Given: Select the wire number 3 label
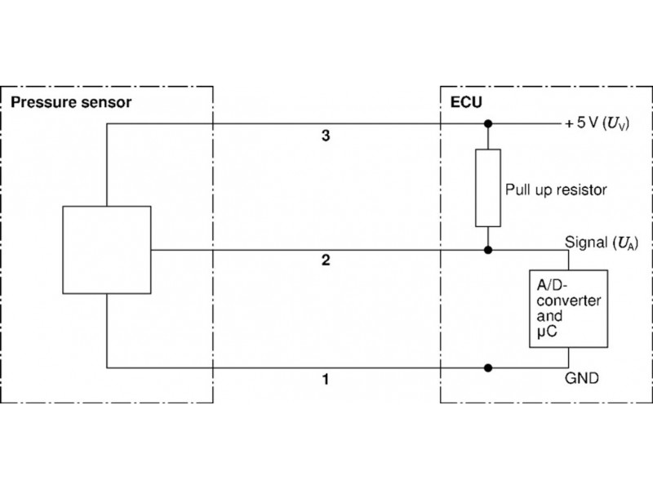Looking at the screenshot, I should (x=325, y=136).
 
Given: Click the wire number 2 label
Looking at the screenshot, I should (x=325, y=261).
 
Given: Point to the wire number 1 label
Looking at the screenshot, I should (x=325, y=380).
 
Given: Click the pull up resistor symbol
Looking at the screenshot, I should (x=488, y=187).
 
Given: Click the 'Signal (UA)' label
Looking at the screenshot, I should (x=600, y=243).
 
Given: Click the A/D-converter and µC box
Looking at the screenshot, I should (x=568, y=308).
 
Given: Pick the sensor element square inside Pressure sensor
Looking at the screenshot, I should (x=107, y=250).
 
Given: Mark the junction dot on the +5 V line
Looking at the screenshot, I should (x=488, y=124).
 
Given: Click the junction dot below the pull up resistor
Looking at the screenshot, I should (x=488, y=249).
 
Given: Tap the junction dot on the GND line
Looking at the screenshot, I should (x=488, y=367).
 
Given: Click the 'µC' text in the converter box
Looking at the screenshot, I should (x=547, y=331).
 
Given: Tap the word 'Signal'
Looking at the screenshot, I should (x=585, y=243).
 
